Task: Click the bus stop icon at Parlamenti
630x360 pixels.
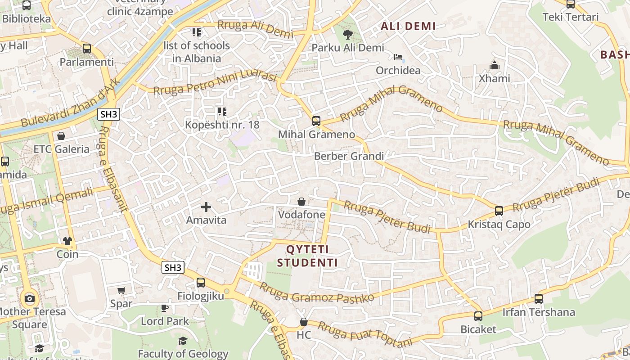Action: point(87,48)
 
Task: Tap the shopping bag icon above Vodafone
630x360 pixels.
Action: point(301,202)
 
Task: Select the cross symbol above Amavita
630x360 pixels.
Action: point(206,207)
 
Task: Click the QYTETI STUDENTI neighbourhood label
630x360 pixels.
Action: point(308,256)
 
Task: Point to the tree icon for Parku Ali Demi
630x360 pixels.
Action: point(347,34)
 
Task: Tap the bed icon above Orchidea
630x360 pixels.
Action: point(398,57)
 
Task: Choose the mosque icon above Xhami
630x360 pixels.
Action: point(495,66)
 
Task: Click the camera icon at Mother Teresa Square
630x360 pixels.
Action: point(30,298)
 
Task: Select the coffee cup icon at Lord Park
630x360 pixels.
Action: point(165,308)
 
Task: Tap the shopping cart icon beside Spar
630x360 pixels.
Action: point(121,291)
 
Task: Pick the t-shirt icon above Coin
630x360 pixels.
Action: point(67,241)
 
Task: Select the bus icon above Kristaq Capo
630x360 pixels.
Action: point(499,211)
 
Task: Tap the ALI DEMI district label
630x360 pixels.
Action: point(408,26)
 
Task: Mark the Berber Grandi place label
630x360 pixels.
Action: point(349,156)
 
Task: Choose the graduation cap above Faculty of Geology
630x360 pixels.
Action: point(183,341)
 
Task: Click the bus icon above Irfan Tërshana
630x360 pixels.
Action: point(538,298)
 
